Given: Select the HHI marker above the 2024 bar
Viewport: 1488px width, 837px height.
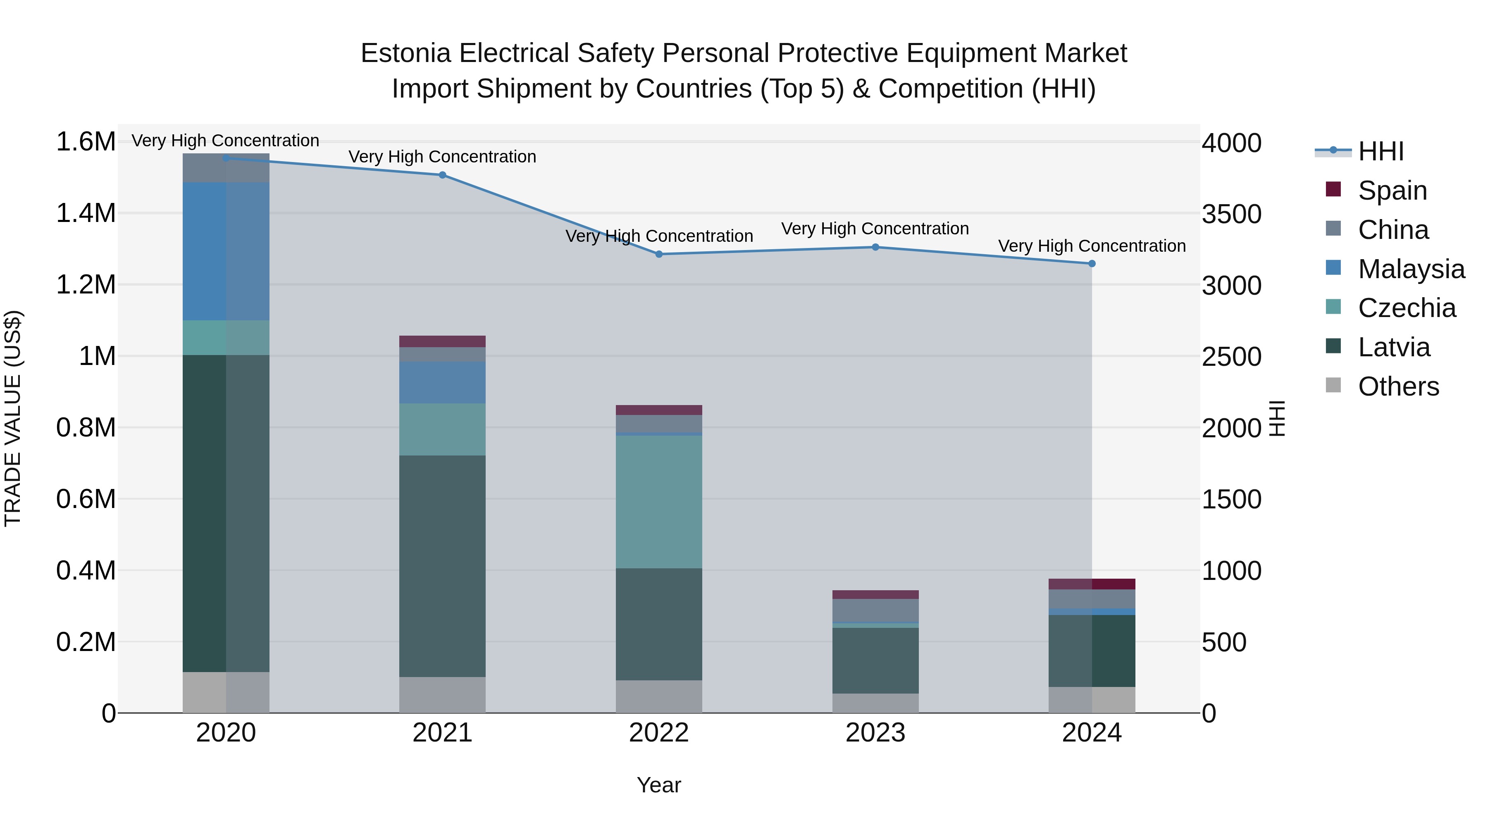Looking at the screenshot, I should point(1092,263).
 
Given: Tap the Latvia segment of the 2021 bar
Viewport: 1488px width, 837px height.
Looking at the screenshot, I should point(442,566).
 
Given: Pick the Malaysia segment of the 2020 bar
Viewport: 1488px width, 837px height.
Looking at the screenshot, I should point(226,251).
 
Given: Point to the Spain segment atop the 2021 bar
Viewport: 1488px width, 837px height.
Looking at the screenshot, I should point(442,341).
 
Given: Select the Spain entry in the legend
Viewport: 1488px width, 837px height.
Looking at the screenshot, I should point(1392,191).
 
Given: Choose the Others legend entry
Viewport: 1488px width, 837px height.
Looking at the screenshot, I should point(1398,386).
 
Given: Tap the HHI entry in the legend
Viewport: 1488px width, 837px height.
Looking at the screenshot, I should point(1381,151).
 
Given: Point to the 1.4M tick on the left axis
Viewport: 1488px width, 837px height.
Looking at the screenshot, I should point(86,213).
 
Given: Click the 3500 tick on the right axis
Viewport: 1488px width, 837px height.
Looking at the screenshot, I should point(1232,214).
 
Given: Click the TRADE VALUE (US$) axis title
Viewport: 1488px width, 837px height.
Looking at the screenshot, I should point(13,418).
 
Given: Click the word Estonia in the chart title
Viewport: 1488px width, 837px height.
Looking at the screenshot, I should point(405,53).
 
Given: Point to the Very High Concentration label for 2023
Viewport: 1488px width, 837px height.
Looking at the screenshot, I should point(875,229).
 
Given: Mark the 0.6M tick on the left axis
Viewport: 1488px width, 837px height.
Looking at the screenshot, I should point(86,499).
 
